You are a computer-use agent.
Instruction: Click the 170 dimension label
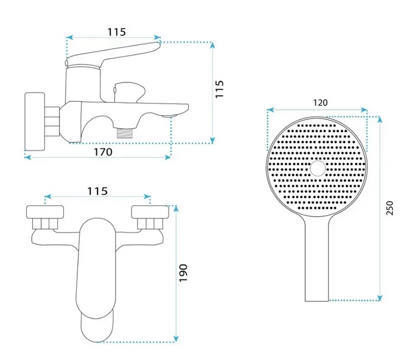103,152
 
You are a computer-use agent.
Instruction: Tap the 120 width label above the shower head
317,103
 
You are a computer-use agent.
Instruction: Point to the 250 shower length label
390,208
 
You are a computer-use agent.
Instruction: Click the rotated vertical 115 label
221,90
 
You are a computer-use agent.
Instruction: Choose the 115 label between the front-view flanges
97,191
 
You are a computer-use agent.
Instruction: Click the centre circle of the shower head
318,168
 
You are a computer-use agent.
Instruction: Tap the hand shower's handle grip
317,262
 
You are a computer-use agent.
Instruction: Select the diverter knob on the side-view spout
130,92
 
